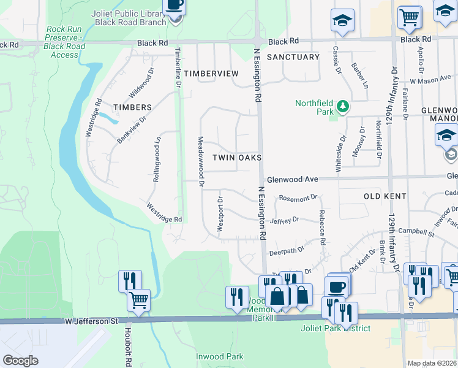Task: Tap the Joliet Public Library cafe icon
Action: (x=175, y=6)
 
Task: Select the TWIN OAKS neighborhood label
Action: (x=237, y=158)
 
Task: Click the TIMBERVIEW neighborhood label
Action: (x=211, y=74)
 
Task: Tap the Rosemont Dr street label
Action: (x=298, y=198)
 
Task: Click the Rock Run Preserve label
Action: (x=65, y=42)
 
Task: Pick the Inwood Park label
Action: (x=219, y=356)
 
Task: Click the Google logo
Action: (x=20, y=361)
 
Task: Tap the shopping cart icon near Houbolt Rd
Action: (x=139, y=301)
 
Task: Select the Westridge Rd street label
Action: (x=164, y=213)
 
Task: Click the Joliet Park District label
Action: (x=344, y=328)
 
